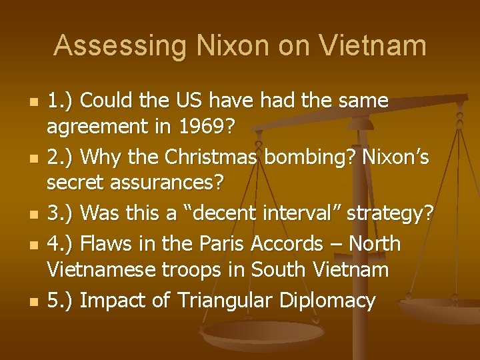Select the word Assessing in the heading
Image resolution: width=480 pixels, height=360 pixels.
(121, 45)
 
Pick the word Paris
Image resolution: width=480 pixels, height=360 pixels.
(220, 244)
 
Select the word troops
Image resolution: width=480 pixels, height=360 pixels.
(206, 270)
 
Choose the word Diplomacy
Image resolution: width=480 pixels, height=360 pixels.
(329, 300)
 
